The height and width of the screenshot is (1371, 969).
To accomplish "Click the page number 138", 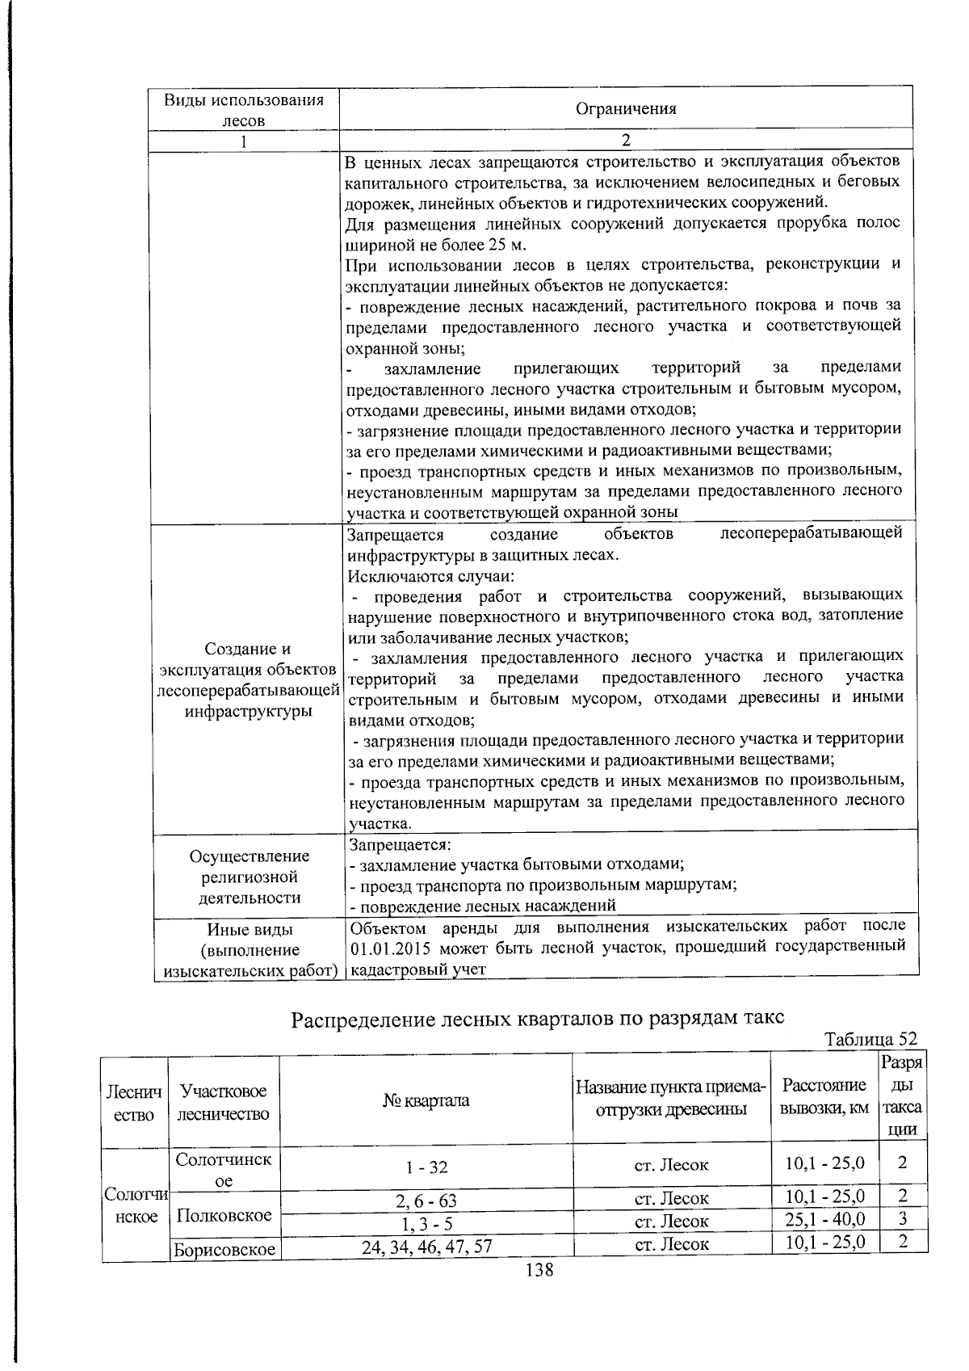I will (x=539, y=1269).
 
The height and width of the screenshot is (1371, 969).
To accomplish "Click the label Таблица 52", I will (x=870, y=1039).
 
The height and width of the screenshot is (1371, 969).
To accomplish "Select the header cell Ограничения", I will (x=626, y=108).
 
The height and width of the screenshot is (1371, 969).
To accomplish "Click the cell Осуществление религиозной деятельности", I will (x=250, y=877).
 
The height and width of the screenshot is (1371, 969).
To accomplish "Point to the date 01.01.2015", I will (x=390, y=946).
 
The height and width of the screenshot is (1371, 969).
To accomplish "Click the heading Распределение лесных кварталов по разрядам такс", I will (x=537, y=1018).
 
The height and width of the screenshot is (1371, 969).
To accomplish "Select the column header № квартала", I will (x=426, y=1100).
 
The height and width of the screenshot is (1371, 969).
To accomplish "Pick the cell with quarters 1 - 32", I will (x=426, y=1167).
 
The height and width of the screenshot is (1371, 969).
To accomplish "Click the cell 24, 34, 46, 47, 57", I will (x=426, y=1247).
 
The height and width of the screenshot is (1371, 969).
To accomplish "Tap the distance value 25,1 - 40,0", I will (x=824, y=1218).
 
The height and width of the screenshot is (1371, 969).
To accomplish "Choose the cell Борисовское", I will (x=224, y=1249).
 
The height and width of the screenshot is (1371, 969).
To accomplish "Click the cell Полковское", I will (x=224, y=1215).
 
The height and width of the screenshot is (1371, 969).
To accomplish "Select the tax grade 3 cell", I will (x=903, y=1218).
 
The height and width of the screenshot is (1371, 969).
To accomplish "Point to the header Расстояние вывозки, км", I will (x=824, y=1096).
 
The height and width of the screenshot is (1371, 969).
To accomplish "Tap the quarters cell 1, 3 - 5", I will (x=426, y=1222).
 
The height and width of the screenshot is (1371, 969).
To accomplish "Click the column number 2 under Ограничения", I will (x=626, y=140).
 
